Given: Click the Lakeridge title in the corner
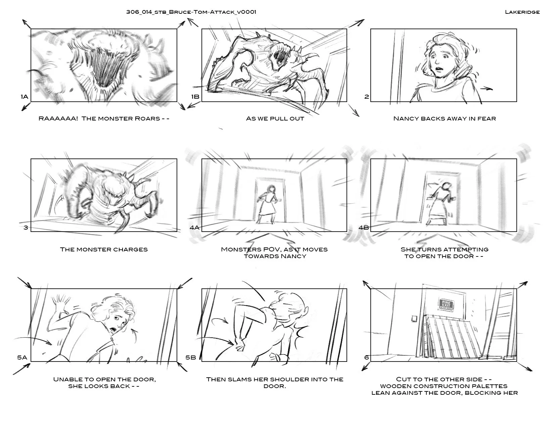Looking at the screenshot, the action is coord(522,12).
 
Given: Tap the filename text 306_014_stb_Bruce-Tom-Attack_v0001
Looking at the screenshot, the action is coord(191,12).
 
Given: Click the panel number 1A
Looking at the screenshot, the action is coord(25,97).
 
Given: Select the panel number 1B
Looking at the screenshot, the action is coord(195,97).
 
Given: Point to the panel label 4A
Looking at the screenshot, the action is coord(194,228).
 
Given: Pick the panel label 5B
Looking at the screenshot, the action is coord(191,358).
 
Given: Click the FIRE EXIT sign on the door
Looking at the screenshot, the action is coord(446,304).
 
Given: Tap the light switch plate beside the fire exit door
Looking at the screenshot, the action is coord(414,319).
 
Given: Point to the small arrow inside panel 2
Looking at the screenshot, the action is coord(487,89).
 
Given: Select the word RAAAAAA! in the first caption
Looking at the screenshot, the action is coord(58,118).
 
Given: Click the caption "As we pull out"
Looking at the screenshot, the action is coord(275,118).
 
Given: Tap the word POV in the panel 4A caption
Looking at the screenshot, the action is coord(267,249).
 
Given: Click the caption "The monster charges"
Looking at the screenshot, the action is coord(104,249).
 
